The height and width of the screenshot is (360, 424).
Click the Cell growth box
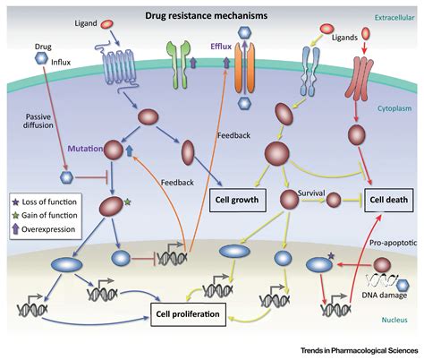tap(238, 200)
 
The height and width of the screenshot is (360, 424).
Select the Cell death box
tap(389, 200)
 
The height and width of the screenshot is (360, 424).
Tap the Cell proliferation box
tap(188, 314)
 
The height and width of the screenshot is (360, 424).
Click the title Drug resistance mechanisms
tap(207, 15)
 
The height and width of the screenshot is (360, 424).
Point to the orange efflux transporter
tap(244, 68)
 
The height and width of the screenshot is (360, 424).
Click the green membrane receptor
tap(178, 64)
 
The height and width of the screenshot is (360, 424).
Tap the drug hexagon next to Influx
tap(41, 58)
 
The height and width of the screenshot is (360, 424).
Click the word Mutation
tap(85, 149)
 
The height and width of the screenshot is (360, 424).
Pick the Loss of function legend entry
tap(45, 202)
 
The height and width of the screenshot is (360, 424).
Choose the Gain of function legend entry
tap(45, 215)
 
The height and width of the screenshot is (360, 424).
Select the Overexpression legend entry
tap(44, 229)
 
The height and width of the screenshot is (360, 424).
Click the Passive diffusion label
tap(38, 121)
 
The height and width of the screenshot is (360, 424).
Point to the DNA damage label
tap(385, 296)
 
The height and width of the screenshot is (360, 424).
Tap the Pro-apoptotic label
tap(393, 243)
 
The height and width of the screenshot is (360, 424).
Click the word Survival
tap(311, 193)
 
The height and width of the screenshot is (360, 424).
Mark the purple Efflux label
tap(221, 47)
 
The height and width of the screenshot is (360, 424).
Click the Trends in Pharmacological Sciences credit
tap(360, 350)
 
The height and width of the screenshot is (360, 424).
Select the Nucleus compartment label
tap(394, 320)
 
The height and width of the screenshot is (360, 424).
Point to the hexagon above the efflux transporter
tap(244, 32)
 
